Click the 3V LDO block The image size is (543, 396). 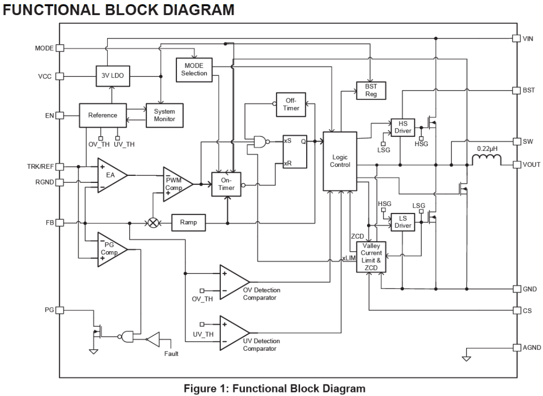113,76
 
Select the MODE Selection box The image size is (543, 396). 194,70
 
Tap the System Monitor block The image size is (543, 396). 164,115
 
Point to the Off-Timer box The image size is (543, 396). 291,105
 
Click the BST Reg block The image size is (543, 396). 371,90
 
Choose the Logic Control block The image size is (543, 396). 340,161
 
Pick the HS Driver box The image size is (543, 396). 403,127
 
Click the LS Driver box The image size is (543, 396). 403,222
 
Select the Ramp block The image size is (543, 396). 189,223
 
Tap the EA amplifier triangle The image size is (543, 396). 110,175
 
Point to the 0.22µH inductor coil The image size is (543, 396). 487,159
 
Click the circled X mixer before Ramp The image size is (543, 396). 153,223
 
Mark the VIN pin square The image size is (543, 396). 517,38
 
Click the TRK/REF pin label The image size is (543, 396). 41,167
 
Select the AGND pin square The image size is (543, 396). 517,348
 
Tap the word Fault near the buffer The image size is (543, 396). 171,353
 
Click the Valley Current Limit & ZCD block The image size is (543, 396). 371,257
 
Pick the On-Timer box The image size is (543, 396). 226,184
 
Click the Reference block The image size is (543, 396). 103,115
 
